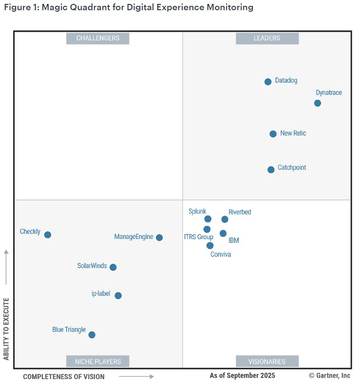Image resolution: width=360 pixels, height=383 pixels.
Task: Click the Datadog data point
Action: click(x=268, y=82)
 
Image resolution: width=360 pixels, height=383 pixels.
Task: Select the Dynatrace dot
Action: click(x=318, y=103)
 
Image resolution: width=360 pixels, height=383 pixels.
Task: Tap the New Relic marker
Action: click(x=273, y=134)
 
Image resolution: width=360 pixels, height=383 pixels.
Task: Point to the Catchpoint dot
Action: click(x=271, y=170)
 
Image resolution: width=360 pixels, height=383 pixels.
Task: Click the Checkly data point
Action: click(x=48, y=235)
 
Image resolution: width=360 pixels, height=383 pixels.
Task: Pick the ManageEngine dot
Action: click(x=159, y=237)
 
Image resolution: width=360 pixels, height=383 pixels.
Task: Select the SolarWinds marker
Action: click(x=113, y=267)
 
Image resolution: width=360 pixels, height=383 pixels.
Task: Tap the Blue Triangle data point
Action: click(x=92, y=335)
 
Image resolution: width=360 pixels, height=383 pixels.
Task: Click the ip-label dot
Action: click(x=118, y=295)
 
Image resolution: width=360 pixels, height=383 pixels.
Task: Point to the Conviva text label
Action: click(x=221, y=255)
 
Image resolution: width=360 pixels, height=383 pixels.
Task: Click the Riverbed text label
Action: click(x=240, y=212)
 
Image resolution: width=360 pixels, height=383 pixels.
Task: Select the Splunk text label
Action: click(x=197, y=211)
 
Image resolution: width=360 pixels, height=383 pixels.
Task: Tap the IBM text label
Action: click(x=234, y=240)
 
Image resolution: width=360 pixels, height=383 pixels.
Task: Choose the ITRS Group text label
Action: click(x=198, y=237)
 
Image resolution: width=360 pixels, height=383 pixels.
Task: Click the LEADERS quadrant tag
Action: click(x=267, y=38)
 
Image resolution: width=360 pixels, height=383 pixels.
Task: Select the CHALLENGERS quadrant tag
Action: click(x=98, y=38)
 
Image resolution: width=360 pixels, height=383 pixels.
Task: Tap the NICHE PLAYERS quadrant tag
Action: click(x=98, y=362)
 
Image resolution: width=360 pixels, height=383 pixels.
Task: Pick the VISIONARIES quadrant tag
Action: click(x=267, y=362)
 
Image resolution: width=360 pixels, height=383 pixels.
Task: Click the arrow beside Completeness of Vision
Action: click(x=136, y=376)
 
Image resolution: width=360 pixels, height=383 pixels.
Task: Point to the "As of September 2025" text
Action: click(x=242, y=376)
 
